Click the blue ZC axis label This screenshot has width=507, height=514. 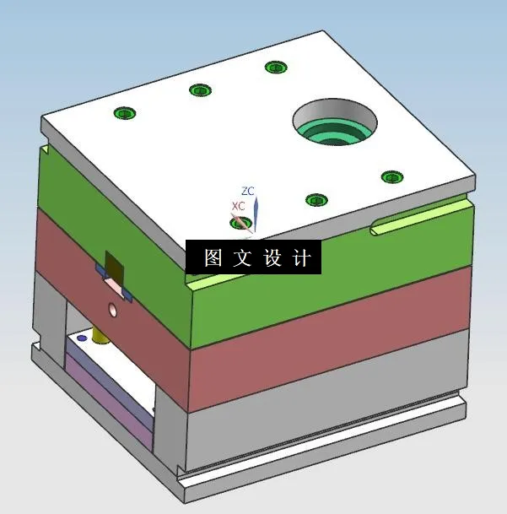[248, 191]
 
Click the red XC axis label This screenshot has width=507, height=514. [239, 206]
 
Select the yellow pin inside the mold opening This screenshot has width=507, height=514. [102, 333]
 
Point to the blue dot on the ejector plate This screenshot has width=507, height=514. [81, 338]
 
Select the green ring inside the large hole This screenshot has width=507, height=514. [334, 133]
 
